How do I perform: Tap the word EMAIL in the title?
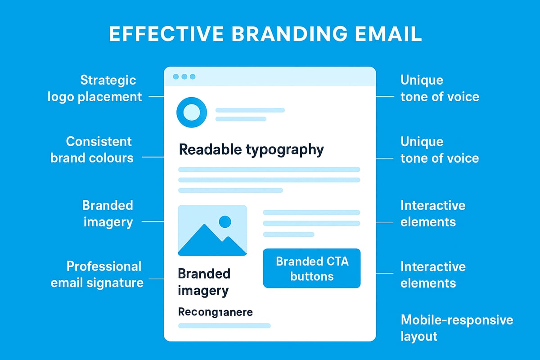click(x=388, y=35)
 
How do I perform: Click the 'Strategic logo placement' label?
click(x=95, y=88)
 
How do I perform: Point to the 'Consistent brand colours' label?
click(x=92, y=149)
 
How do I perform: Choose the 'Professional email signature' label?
click(x=97, y=274)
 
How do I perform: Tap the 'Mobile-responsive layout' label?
click(x=457, y=328)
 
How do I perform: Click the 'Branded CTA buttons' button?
click(x=311, y=268)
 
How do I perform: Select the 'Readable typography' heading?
click(x=251, y=149)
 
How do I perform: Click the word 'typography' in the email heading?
click(x=284, y=150)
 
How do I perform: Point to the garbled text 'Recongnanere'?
click(x=215, y=312)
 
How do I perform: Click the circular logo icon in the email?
click(x=192, y=111)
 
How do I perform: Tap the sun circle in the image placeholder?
click(x=225, y=221)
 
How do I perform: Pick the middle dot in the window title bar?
click(x=184, y=77)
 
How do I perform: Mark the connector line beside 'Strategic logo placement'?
click(x=156, y=96)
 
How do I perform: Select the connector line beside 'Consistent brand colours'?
click(x=153, y=157)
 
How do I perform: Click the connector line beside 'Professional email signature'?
click(x=156, y=279)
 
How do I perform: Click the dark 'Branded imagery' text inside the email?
click(x=204, y=282)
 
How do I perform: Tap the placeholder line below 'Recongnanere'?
click(x=224, y=325)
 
